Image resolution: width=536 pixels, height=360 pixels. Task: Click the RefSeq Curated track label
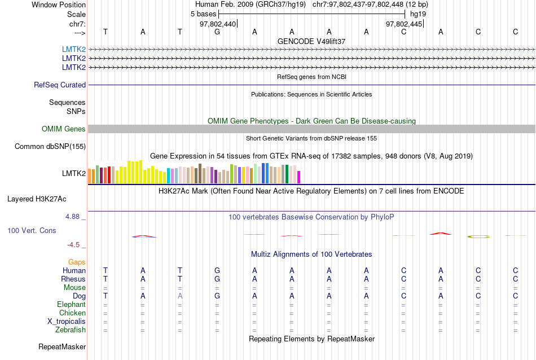(60, 85)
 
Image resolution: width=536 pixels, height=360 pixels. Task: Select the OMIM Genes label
(64, 129)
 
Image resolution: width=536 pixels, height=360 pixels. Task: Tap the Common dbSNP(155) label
(50, 147)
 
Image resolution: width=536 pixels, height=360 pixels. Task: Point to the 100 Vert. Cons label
(32, 231)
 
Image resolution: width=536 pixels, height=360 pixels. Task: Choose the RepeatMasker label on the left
(62, 346)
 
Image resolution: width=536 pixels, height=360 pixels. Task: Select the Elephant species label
(71, 305)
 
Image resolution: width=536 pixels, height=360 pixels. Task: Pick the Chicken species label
(73, 313)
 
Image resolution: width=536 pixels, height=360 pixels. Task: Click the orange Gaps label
(77, 262)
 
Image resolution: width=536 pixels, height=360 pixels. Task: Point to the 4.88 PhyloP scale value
(74, 217)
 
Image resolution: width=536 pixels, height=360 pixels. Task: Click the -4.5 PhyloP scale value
(75, 245)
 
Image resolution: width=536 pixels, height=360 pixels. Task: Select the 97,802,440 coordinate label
(218, 24)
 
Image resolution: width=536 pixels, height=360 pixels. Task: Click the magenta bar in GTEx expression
(299, 177)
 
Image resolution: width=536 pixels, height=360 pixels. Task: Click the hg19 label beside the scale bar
(418, 14)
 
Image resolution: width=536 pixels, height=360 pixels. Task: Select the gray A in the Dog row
(180, 296)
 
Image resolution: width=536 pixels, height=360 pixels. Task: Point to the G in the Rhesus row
(217, 279)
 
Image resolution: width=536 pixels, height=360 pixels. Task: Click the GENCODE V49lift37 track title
(311, 41)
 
